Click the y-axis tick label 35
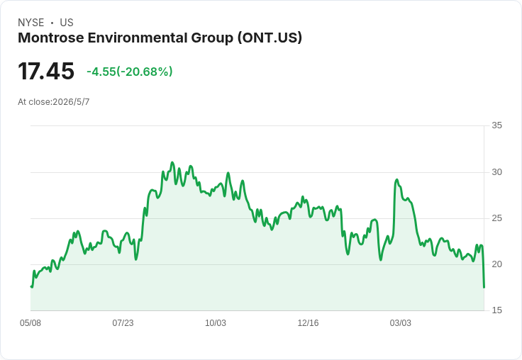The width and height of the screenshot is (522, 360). click(x=496, y=125)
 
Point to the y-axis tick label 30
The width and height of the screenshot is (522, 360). click(x=496, y=172)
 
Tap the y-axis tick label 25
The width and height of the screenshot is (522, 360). click(x=496, y=218)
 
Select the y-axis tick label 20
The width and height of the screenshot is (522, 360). click(x=496, y=264)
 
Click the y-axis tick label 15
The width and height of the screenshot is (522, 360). click(x=496, y=310)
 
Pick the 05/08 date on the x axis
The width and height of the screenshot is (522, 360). click(x=30, y=323)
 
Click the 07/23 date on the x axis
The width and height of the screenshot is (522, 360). click(x=123, y=323)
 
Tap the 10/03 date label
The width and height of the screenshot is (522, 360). click(x=216, y=323)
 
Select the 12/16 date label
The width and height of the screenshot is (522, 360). click(x=308, y=323)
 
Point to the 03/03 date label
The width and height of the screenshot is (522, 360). click(x=401, y=323)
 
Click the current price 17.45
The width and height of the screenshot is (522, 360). click(x=46, y=72)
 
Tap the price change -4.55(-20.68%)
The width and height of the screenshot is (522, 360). click(x=130, y=72)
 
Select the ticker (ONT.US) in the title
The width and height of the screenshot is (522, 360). click(x=270, y=38)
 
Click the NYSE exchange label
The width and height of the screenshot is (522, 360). click(x=31, y=23)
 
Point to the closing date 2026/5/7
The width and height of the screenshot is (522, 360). click(x=71, y=102)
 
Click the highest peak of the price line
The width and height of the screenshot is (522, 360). click(x=172, y=162)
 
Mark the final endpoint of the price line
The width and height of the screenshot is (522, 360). click(x=484, y=288)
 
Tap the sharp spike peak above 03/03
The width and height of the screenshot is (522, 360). click(x=396, y=180)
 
